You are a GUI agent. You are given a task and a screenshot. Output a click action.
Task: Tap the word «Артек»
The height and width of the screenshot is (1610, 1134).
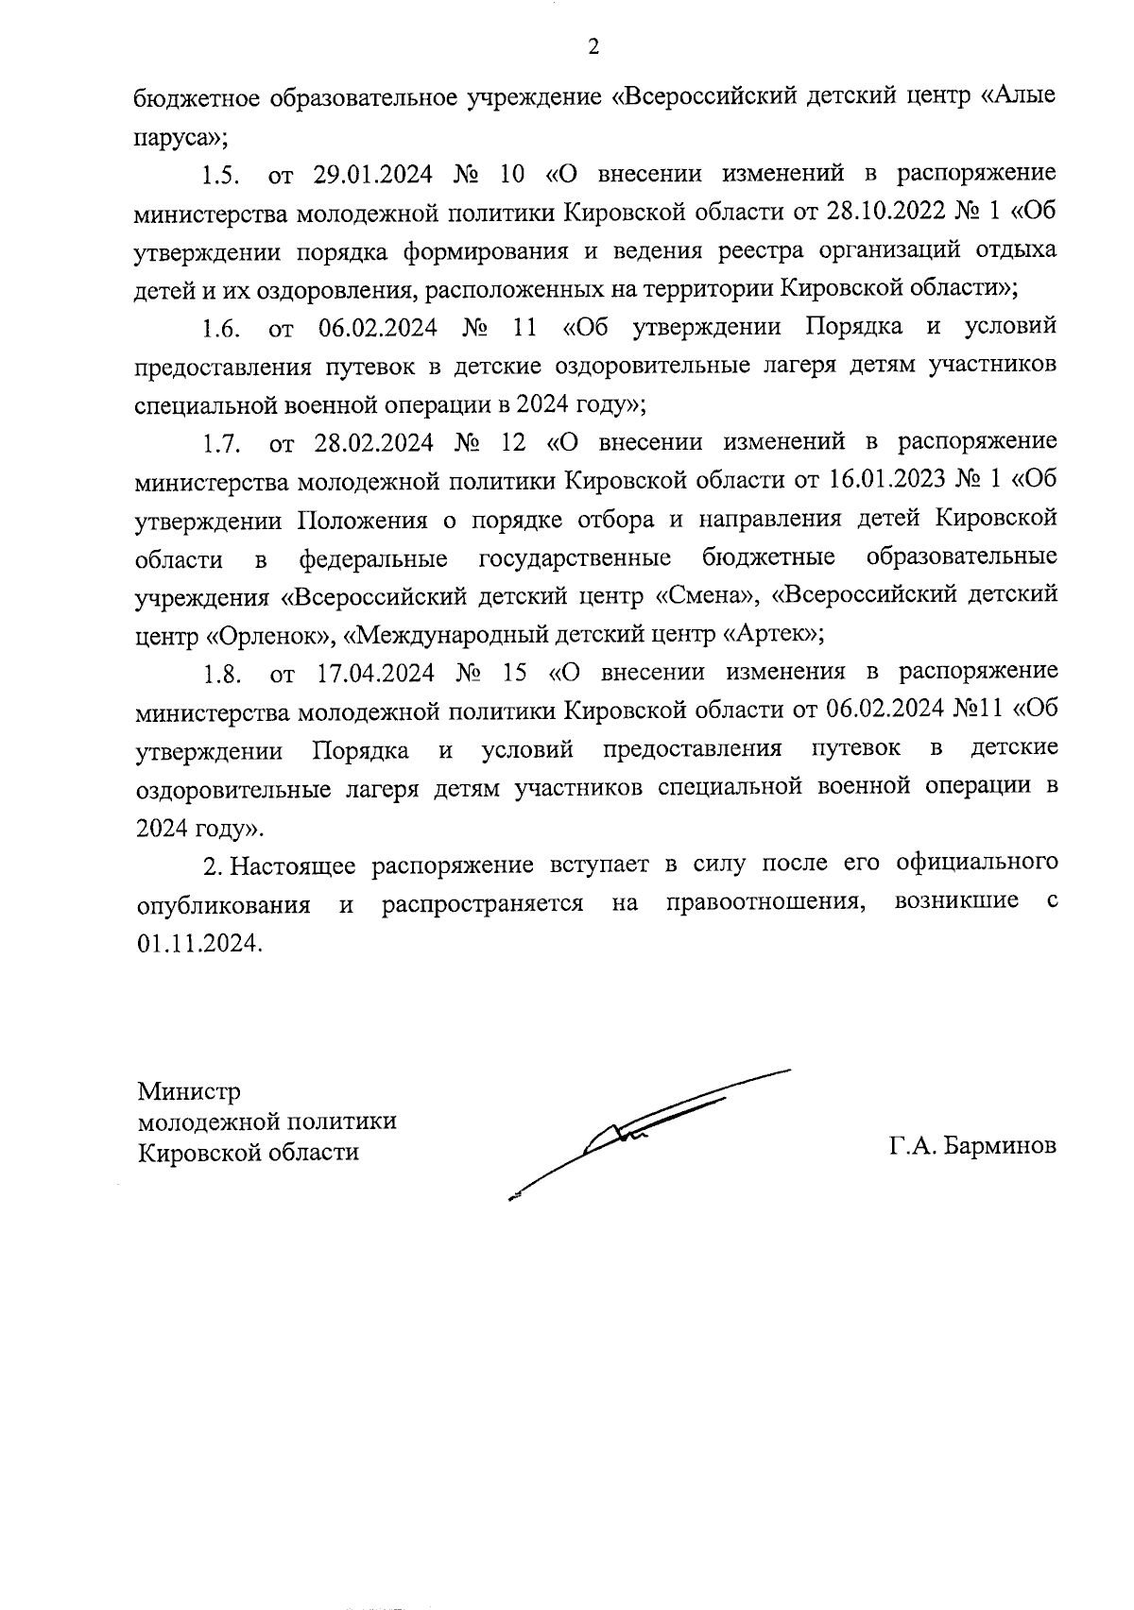(770, 635)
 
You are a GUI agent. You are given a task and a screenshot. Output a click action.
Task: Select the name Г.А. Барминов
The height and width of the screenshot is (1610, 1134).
(972, 1146)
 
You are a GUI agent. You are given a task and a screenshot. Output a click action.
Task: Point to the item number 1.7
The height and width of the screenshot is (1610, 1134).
(222, 443)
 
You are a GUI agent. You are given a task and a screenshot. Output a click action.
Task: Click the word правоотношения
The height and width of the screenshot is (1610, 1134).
(766, 903)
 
